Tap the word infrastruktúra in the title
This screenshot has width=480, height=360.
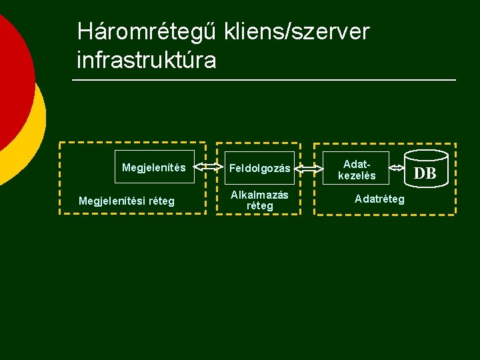[147, 60]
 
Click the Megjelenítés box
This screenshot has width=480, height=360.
[153, 167]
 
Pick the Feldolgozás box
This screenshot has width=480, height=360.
[260, 169]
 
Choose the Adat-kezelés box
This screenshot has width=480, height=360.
[357, 169]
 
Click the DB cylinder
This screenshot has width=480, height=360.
[425, 173]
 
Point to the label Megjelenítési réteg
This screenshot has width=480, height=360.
[127, 201]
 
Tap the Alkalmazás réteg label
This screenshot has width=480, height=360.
[259, 200]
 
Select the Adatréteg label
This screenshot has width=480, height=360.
[379, 199]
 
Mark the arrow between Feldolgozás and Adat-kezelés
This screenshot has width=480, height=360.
[309, 169]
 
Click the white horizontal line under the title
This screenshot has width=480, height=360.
[263, 81]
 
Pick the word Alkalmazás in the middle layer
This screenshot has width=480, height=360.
[259, 195]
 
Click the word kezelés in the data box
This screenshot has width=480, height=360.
[357, 176]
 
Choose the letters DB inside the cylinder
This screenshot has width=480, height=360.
[425, 175]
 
